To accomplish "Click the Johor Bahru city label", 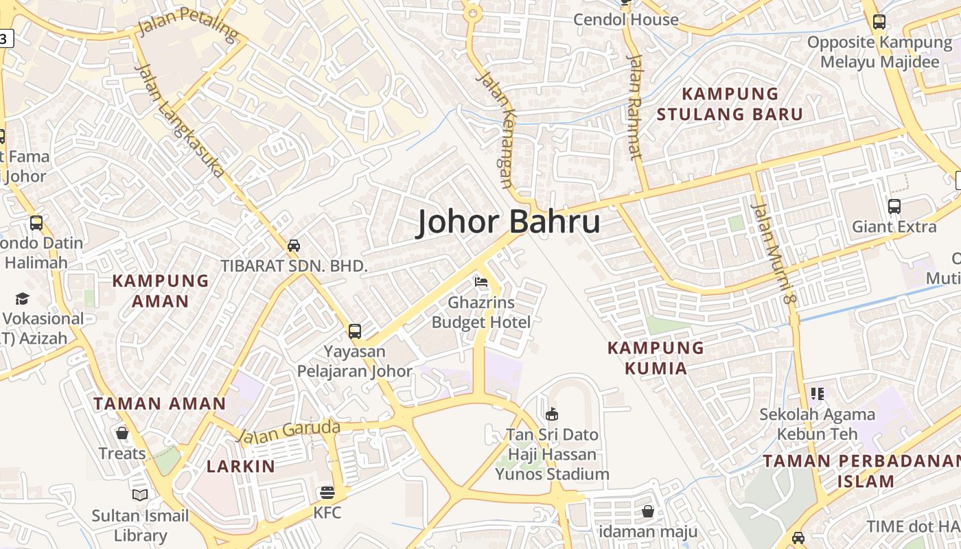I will (509, 222).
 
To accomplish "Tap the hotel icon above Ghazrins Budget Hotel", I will (481, 282).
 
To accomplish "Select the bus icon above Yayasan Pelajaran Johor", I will (354, 331).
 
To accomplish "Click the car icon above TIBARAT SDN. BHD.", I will (294, 246).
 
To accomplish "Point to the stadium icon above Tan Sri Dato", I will (551, 414).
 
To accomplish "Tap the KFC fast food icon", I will (327, 493).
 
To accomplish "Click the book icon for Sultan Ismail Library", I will (140, 495).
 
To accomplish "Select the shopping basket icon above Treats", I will (122, 433).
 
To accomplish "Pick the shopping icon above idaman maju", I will (647, 511).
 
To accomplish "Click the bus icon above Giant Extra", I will (894, 206).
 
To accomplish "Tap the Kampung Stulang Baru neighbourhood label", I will (730, 104).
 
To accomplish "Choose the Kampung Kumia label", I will (656, 358).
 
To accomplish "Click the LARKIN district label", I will (241, 466).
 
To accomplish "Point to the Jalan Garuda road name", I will (288, 432).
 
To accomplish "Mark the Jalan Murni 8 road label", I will (772, 253).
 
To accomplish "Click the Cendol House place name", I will (625, 20).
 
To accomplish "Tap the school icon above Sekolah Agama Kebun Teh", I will (817, 394).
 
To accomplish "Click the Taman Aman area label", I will (159, 404).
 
